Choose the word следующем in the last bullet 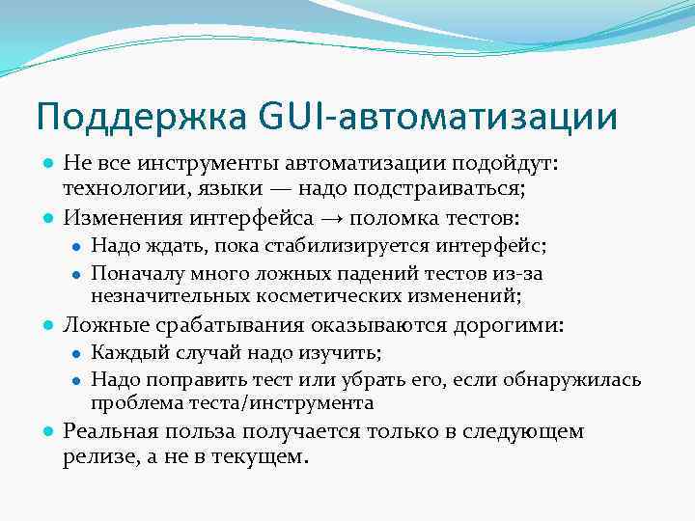pyautogui.click(x=530, y=431)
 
